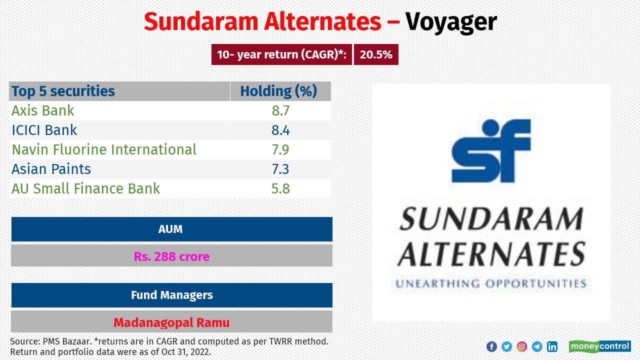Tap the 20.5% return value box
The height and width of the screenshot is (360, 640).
[x=376, y=55]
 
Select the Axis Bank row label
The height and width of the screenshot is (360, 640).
[x=43, y=110]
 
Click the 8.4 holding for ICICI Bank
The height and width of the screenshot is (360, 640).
[x=280, y=130]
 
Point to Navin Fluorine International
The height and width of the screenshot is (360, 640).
[x=104, y=149]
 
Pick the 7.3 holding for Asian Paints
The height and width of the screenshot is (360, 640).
[x=280, y=169]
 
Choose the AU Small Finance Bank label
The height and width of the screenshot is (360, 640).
[x=86, y=188]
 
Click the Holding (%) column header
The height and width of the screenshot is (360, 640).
[x=278, y=91]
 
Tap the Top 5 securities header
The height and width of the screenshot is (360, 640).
[x=63, y=91]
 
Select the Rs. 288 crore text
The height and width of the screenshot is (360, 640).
[x=171, y=256]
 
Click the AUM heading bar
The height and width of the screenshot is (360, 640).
[x=171, y=229]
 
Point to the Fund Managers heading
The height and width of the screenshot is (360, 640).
[x=171, y=295]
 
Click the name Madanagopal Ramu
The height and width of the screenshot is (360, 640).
[x=171, y=322]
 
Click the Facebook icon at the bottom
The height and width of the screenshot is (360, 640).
[x=491, y=346]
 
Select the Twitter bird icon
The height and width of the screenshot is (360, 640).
[x=506, y=346]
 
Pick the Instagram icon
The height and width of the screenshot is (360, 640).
[x=521, y=346]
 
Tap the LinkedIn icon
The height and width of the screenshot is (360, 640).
[x=552, y=346]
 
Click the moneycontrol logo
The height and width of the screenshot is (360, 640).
[x=599, y=346]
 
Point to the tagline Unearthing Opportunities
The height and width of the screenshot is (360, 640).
[x=490, y=283]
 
